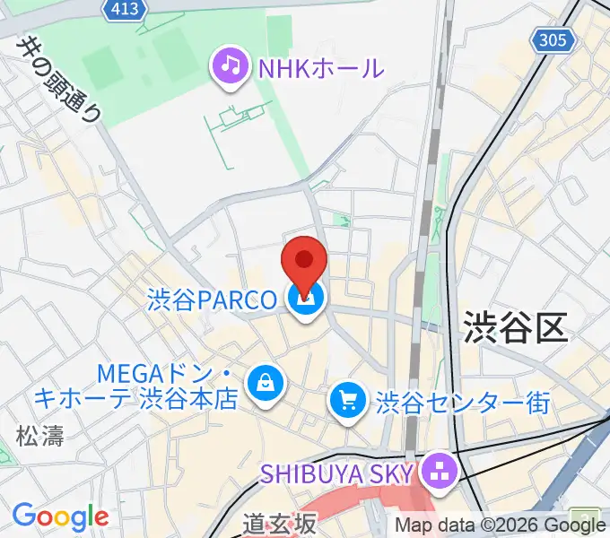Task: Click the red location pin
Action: tap(304, 263)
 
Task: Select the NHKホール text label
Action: tap(320, 67)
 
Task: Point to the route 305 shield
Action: tap(553, 39)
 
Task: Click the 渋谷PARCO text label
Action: tap(213, 299)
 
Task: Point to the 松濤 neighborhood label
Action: tap(39, 436)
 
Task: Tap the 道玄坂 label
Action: tap(280, 523)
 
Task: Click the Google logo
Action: tap(60, 516)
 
